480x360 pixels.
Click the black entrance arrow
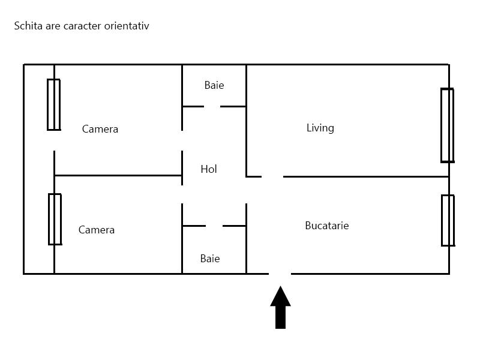280,307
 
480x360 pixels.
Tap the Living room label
320,128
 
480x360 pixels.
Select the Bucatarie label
327,226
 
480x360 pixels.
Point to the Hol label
209,169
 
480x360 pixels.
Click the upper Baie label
214,85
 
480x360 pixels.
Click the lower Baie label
210,259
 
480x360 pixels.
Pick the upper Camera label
100,129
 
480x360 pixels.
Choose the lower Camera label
97,230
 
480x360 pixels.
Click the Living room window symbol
447,125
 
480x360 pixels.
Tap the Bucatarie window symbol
448,220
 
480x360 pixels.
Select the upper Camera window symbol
54,104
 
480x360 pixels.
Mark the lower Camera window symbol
55,219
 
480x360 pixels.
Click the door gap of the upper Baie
212,107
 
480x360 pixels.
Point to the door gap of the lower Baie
214,226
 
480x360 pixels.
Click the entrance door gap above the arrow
280,274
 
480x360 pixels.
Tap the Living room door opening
272,176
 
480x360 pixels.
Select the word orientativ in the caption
127,26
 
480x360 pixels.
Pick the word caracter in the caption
82,26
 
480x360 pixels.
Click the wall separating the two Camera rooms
118,175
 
